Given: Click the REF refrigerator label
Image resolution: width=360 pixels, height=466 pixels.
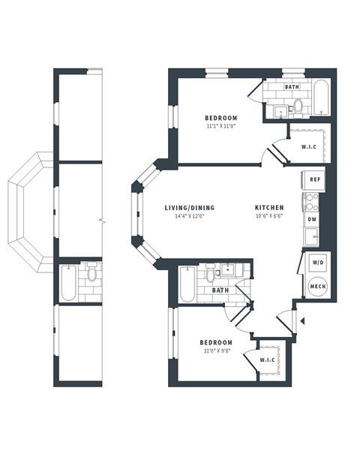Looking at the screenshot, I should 315,180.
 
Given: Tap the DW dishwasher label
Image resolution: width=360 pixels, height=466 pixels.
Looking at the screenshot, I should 312,219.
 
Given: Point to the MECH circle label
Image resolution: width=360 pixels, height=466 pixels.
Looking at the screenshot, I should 316,286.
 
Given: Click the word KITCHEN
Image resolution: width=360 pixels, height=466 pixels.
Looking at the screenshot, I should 268,208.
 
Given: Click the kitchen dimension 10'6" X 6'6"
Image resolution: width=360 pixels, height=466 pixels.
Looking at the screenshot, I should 268,216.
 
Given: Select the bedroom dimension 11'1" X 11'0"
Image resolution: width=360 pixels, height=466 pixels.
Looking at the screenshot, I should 221,126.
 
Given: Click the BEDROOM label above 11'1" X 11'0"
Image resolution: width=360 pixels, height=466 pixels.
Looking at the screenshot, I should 221,118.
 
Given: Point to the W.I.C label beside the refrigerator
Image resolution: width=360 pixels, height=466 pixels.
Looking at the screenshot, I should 308,146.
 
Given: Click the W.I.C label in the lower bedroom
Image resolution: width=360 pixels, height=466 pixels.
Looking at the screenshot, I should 268,360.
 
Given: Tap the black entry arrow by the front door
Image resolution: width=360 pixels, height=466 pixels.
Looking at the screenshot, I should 302,320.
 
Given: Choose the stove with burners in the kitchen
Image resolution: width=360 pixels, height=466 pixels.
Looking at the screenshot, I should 310,201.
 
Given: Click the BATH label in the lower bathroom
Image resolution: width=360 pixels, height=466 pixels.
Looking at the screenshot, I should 220,290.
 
